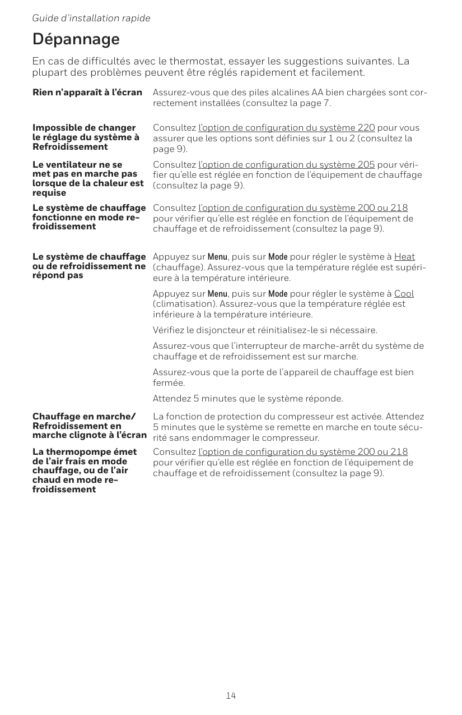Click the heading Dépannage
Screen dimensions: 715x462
[76, 39]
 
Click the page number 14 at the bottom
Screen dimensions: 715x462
[231, 695]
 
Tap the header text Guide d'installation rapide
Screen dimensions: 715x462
[91, 18]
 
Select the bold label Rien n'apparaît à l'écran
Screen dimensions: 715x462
[87, 92]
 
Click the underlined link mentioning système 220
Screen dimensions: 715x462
[287, 128]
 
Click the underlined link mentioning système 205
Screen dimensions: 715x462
[287, 164]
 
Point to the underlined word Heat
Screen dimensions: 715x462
[404, 257]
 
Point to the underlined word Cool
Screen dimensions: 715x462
[404, 294]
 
